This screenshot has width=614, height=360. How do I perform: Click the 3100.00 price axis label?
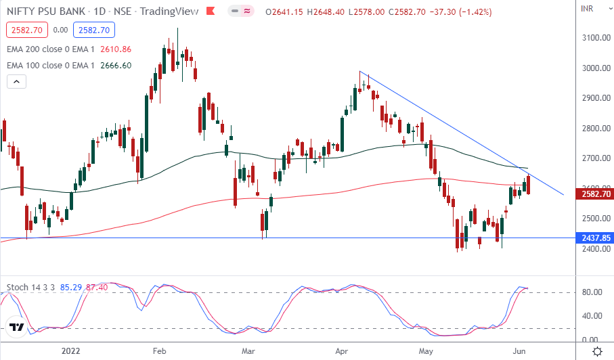tap(596, 37)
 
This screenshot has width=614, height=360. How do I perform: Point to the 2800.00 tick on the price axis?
tap(596, 128)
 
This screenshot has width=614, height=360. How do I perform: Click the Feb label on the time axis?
tap(159, 351)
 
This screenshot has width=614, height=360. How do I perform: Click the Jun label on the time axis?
tap(518, 351)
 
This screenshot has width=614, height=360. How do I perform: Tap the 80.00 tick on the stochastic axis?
tap(594, 292)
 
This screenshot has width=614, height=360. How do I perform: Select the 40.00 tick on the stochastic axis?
tap(594, 316)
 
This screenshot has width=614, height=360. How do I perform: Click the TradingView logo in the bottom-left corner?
tap(18, 328)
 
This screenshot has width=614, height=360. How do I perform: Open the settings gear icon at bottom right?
tap(598, 351)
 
